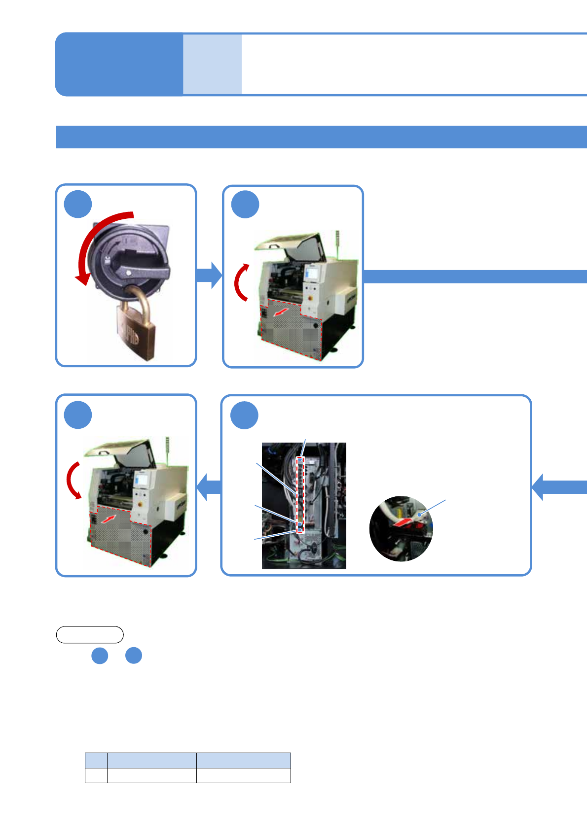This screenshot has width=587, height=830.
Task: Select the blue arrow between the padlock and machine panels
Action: pyautogui.click(x=209, y=275)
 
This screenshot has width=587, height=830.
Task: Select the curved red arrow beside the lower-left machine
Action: pyautogui.click(x=73, y=480)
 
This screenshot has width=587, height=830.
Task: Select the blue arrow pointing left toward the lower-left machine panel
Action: pyautogui.click(x=210, y=487)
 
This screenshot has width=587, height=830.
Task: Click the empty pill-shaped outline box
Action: pyautogui.click(x=90, y=635)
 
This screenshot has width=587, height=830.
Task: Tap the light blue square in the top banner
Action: pyautogui.click(x=212, y=64)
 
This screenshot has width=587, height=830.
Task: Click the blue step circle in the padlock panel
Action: pyautogui.click(x=78, y=204)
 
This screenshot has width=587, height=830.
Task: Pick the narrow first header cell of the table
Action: pyautogui.click(x=96, y=760)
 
